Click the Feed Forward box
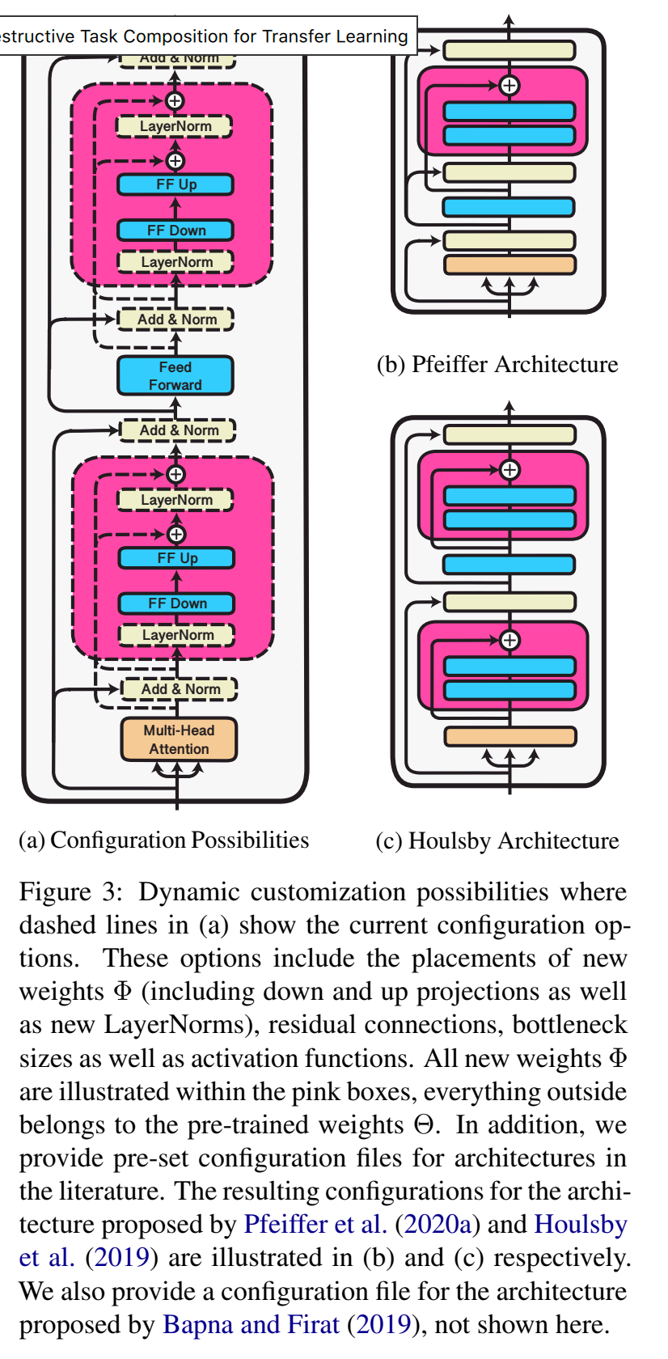(x=175, y=376)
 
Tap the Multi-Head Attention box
(x=179, y=739)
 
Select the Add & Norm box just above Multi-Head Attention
(x=180, y=689)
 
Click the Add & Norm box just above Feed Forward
(x=176, y=320)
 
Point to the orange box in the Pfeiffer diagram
(x=509, y=265)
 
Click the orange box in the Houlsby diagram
(x=509, y=736)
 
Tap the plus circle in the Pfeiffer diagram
(x=509, y=85)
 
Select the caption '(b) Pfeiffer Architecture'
(x=497, y=365)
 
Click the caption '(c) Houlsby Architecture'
(x=497, y=841)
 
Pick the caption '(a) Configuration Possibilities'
(x=163, y=840)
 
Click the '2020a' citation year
(x=437, y=1225)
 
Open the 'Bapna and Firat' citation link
(x=251, y=1324)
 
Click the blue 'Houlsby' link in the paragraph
(x=581, y=1225)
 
